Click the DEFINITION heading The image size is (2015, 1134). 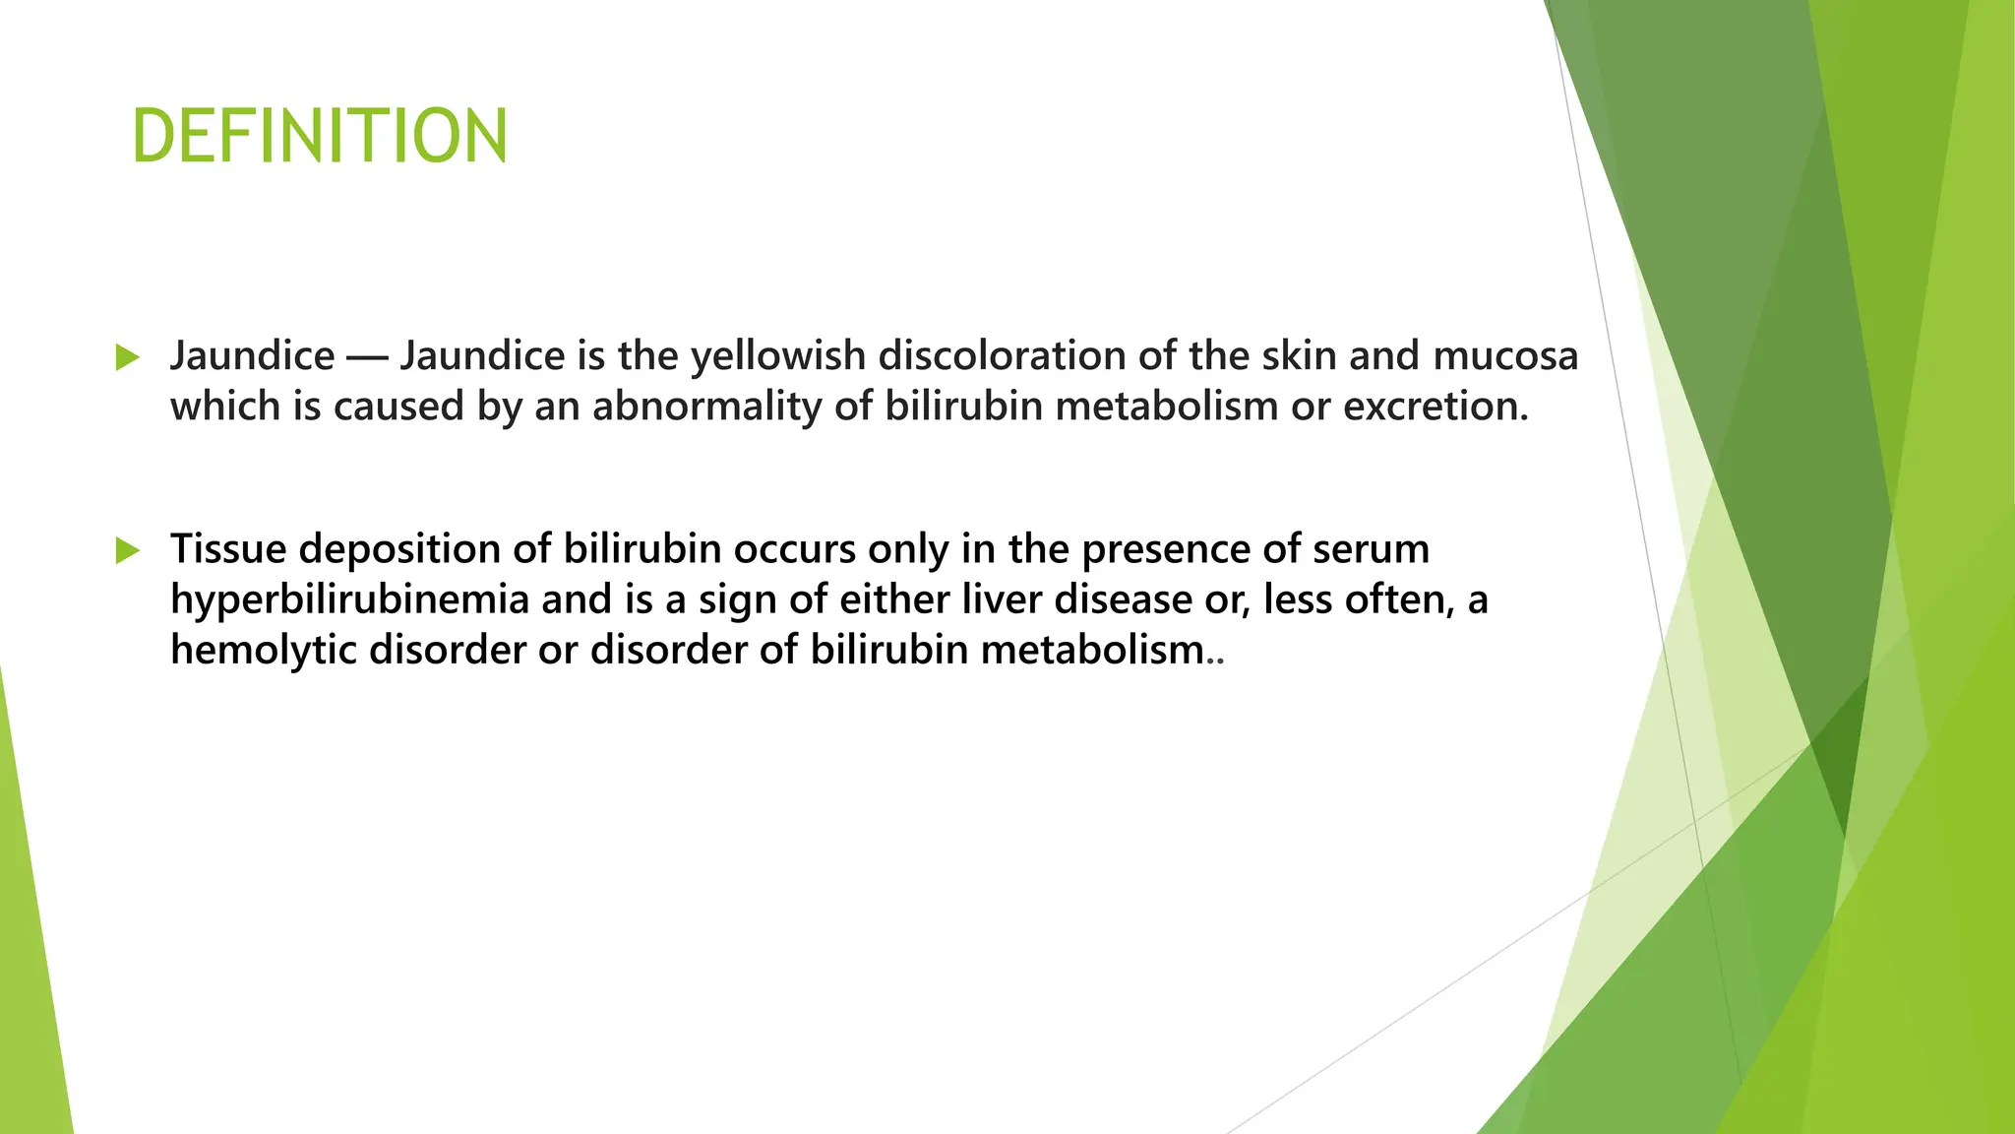click(x=320, y=136)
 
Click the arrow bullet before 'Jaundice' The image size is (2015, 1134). click(x=127, y=356)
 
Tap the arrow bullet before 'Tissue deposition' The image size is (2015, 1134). click(x=127, y=549)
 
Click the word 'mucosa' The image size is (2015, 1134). click(x=1504, y=355)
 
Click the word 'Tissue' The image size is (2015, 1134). click(x=228, y=548)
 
